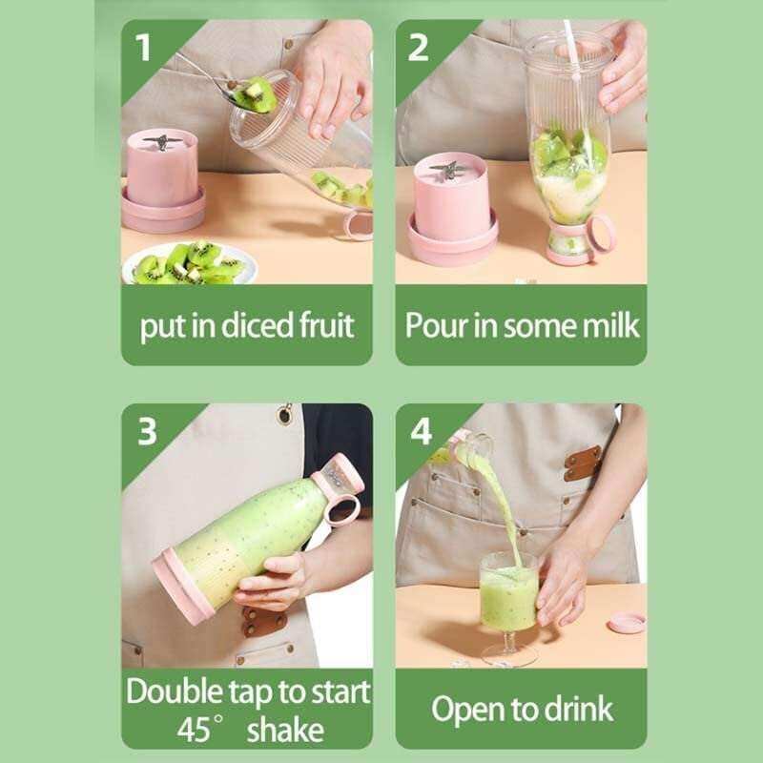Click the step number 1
[144, 47]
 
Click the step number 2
[418, 47]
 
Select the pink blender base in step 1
[162, 181]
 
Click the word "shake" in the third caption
[285, 730]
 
